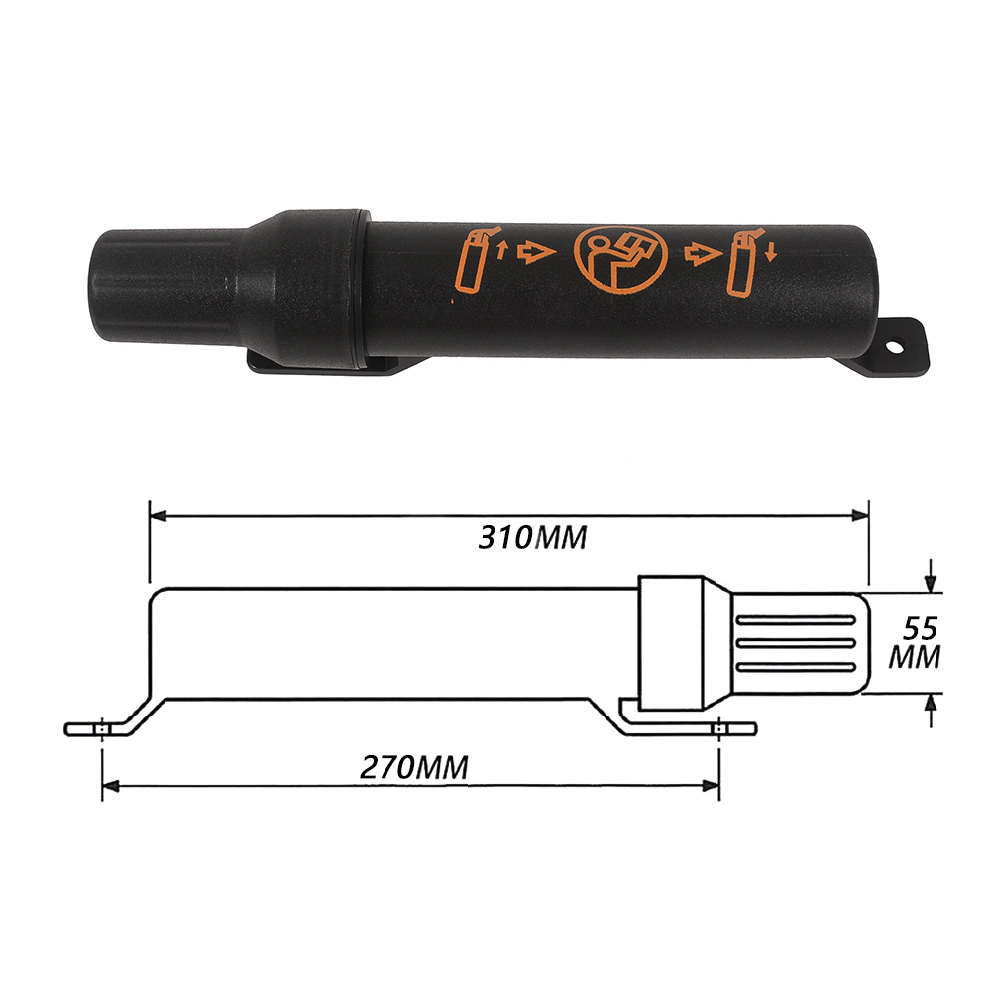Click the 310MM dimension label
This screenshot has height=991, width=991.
[x=532, y=538]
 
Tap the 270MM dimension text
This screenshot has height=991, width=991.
[x=414, y=767]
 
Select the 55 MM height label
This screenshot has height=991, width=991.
[x=915, y=643]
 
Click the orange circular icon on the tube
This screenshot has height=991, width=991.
[x=620, y=260]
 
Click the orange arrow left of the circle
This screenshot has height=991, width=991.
[x=536, y=252]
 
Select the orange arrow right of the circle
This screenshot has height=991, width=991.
[x=703, y=254]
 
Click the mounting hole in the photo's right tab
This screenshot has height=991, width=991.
[x=894, y=347]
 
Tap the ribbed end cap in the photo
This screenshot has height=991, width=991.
[x=165, y=287]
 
